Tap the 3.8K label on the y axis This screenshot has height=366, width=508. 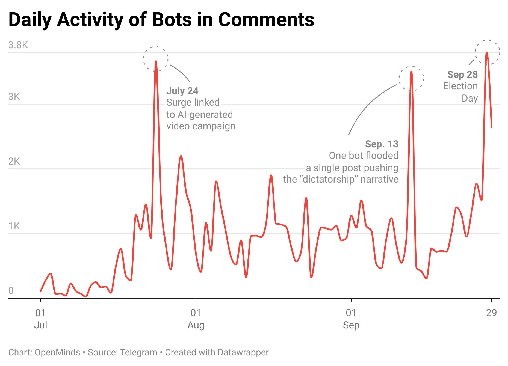[18, 45]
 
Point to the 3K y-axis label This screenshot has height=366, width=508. [14, 97]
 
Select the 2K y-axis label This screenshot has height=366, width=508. [14, 161]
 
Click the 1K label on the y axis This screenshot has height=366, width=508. [14, 226]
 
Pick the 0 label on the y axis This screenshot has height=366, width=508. [11, 291]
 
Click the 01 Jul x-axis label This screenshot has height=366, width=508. [41, 319]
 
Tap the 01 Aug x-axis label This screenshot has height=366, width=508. [196, 319]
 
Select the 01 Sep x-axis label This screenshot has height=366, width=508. [351, 319]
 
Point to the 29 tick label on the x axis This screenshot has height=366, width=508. [491, 313]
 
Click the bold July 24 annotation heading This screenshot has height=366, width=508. [182, 91]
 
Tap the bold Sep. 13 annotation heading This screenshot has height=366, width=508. [382, 144]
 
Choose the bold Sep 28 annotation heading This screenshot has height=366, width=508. [462, 74]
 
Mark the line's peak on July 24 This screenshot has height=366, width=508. [156, 61]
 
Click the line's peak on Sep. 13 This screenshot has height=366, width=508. [411, 72]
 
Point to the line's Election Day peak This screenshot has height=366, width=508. [487, 53]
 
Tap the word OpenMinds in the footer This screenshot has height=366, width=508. [57, 352]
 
